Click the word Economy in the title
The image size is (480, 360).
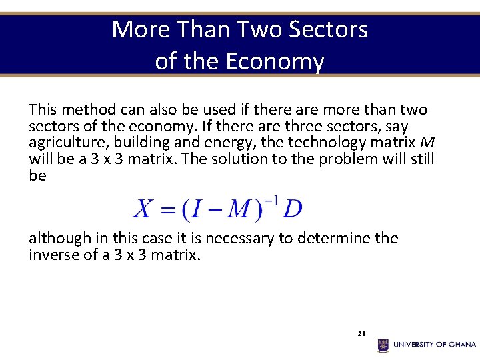point(275,61)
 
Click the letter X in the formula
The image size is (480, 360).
point(143,209)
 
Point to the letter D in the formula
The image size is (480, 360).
point(292,209)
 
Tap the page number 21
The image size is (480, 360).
point(361,333)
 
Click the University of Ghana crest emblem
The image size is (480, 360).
point(383,345)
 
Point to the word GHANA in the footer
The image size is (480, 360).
point(461,345)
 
